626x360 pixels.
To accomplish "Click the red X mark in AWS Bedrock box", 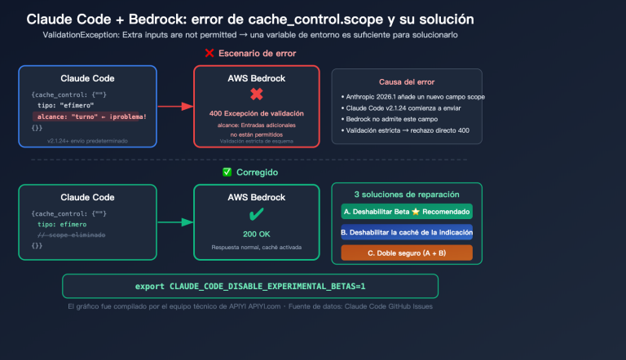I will (256, 94).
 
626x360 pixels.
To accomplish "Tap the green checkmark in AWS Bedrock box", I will (256, 214).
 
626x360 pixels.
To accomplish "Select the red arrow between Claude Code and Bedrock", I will (174, 106).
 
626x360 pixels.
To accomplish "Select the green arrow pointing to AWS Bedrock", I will (174, 222).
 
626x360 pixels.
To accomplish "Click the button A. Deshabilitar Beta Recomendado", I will (407, 212).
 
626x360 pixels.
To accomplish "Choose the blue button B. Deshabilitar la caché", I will (407, 232).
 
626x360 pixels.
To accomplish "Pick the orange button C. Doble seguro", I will (407, 252).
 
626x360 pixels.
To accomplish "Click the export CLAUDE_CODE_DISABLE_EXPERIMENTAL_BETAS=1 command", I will (250, 287).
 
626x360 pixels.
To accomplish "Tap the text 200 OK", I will (256, 233).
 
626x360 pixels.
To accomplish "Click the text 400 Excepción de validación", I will (256, 113).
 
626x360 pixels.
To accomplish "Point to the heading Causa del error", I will (407, 82).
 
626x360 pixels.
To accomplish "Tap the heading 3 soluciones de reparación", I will (407, 195).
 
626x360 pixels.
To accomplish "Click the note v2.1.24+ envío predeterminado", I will (88, 140).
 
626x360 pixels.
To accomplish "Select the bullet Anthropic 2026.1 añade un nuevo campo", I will (407, 96).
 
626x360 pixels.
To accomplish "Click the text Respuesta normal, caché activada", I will (256, 246).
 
